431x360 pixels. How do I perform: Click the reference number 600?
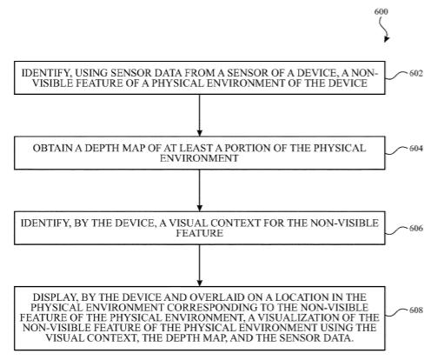[381, 11]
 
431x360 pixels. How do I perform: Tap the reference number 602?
[416, 73]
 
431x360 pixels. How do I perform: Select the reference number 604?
[416, 149]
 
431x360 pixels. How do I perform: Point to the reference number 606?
[416, 229]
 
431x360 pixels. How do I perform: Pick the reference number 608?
[416, 310]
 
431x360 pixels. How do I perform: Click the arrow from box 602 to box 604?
[199, 116]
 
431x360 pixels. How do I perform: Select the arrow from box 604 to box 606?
[199, 190]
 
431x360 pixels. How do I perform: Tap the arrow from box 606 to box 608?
[199, 265]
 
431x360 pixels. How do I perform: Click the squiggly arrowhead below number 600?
[387, 39]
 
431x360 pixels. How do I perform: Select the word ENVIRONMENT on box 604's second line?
[199, 158]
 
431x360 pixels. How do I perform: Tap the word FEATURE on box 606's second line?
[200, 233]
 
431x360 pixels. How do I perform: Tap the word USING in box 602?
[91, 73]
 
